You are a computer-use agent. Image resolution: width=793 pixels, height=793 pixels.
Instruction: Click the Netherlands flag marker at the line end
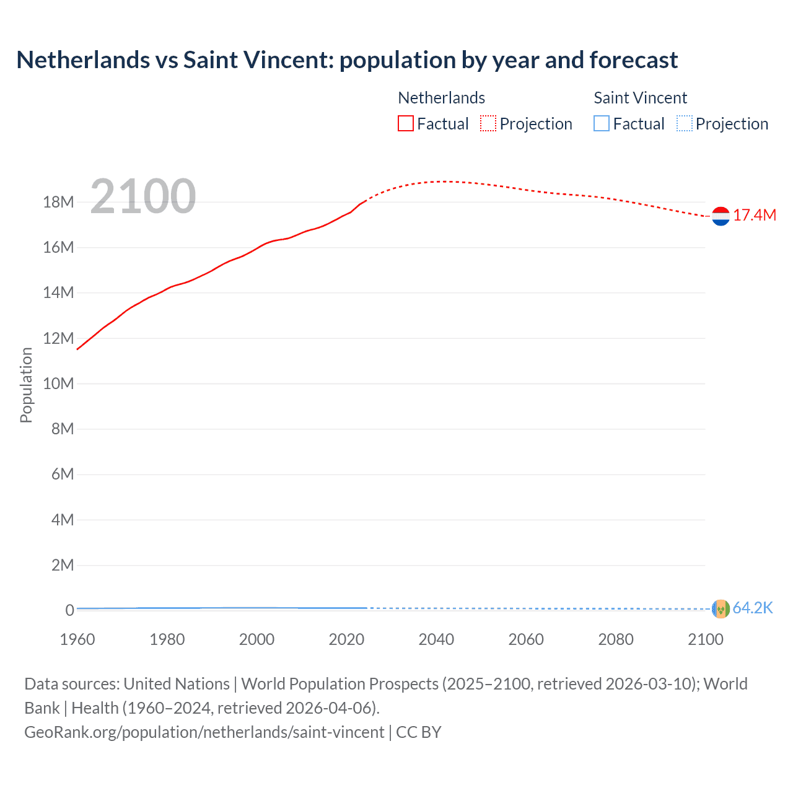[721, 216]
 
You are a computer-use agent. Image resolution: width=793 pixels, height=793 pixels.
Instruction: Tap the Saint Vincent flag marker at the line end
[721, 609]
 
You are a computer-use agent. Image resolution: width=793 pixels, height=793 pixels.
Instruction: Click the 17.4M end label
[755, 216]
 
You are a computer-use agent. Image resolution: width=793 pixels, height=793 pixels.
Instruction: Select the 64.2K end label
[753, 608]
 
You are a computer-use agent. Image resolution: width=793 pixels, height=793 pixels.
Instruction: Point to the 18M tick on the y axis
[58, 202]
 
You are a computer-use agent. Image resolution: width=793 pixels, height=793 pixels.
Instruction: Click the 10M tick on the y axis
[58, 383]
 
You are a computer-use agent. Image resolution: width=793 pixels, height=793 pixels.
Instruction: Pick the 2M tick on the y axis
[62, 565]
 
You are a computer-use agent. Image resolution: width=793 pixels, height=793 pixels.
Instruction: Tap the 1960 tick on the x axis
[77, 639]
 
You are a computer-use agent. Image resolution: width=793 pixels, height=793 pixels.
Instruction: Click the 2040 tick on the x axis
[436, 639]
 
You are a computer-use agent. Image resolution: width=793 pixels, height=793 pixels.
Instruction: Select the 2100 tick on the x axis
[705, 639]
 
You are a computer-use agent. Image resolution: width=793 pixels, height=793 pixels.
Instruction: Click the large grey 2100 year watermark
[143, 196]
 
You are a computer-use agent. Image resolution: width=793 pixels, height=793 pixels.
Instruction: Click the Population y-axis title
[26, 385]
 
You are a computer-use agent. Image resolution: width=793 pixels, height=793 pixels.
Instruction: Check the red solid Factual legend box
[406, 124]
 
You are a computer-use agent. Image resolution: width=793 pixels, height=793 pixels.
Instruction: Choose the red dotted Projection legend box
[488, 124]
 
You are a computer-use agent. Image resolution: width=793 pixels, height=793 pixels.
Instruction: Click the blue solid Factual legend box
[602, 124]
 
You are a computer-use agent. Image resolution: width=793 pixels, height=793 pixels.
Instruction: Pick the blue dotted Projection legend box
[684, 124]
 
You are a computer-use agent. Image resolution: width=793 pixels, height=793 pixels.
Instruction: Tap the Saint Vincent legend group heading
[640, 98]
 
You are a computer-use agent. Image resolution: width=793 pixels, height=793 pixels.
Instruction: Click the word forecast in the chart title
[633, 60]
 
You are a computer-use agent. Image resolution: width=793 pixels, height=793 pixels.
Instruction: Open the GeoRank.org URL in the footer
[204, 732]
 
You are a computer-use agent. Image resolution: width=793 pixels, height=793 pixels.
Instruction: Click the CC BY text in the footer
[419, 732]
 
